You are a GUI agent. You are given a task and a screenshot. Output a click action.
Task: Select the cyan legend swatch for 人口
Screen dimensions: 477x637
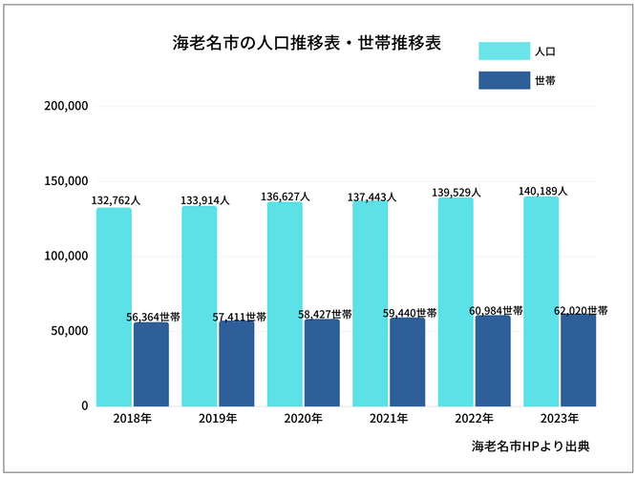click(503, 51)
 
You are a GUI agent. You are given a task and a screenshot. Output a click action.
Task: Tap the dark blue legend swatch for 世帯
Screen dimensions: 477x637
click(503, 81)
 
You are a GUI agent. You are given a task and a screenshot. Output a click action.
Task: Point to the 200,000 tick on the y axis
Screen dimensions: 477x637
click(67, 106)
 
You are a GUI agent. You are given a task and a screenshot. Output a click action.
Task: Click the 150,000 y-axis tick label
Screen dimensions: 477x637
click(67, 181)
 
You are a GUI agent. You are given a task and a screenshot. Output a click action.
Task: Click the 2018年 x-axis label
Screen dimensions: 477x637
click(132, 419)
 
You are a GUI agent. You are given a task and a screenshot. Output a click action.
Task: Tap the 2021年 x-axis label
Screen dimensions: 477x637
click(389, 419)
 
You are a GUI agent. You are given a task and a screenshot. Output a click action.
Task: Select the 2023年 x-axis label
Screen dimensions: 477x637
click(560, 419)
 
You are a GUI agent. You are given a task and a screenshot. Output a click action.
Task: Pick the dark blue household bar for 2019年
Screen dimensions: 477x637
click(236, 363)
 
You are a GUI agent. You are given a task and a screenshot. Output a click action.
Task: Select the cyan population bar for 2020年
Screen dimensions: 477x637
click(285, 304)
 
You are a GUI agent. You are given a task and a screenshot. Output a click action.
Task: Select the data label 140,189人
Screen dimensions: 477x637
click(542, 191)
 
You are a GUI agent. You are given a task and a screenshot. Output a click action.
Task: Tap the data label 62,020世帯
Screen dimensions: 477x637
click(581, 311)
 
